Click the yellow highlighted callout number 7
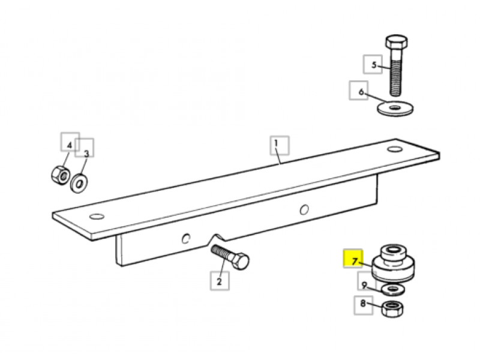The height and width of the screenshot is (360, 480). pos(353,259)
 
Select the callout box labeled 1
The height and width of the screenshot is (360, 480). pos(280,145)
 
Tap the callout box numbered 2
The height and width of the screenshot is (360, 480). pos(220,281)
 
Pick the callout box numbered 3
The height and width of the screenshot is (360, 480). pos(85,148)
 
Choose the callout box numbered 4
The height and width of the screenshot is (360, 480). pos(70,142)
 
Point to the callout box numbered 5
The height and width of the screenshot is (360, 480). pos(373,64)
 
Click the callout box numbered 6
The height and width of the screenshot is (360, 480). pos(359,91)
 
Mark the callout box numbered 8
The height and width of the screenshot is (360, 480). pos(364,305)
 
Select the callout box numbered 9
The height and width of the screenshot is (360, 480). pos(367,281)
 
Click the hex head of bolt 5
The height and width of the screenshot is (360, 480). pos(397,43)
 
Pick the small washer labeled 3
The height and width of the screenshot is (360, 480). pos(79,184)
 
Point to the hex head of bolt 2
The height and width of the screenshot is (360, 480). pos(241,261)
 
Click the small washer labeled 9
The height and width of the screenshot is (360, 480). pos(393,289)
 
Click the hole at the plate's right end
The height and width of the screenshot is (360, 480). pos(395,149)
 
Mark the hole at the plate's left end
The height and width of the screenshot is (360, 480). pos(97,217)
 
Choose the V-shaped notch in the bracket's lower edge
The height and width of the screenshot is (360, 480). pos(217,238)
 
